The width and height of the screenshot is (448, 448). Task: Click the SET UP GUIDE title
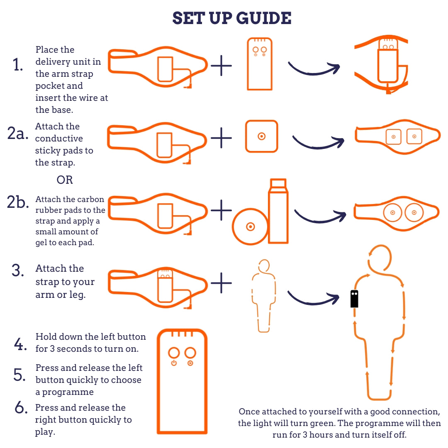click(x=232, y=18)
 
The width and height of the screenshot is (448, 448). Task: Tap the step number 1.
click(x=18, y=65)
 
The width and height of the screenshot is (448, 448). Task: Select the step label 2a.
click(x=18, y=133)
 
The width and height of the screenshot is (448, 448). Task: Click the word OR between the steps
click(x=65, y=180)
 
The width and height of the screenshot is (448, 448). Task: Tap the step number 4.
click(x=20, y=344)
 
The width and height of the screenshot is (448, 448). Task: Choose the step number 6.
click(x=21, y=407)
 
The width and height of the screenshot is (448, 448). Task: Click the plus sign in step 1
click(x=221, y=66)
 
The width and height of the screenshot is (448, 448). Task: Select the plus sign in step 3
click(x=221, y=283)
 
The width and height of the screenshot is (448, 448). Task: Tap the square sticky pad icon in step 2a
click(x=261, y=136)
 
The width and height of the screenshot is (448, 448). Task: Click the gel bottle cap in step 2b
click(x=278, y=183)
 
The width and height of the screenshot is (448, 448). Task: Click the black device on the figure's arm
click(x=354, y=299)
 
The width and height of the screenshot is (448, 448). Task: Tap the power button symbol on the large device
click(x=174, y=363)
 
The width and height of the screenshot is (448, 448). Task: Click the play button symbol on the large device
click(x=190, y=363)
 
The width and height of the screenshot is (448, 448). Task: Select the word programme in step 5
click(x=68, y=392)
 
